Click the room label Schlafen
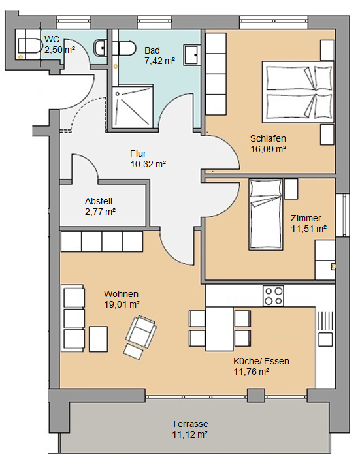point(268,138)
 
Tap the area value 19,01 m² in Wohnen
point(122,304)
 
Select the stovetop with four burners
point(273,296)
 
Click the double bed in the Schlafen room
point(298,92)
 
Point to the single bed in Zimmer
point(265,214)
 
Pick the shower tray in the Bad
point(133,106)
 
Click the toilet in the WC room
point(29,46)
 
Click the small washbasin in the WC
point(100,48)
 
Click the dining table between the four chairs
point(220,329)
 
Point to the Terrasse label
point(190,424)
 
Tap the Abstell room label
point(99,201)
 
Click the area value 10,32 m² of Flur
point(148,164)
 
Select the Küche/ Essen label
point(261,361)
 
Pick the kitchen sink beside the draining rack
point(326,340)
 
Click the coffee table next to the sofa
point(99,339)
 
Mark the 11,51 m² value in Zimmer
point(309,229)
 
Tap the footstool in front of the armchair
point(133,351)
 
